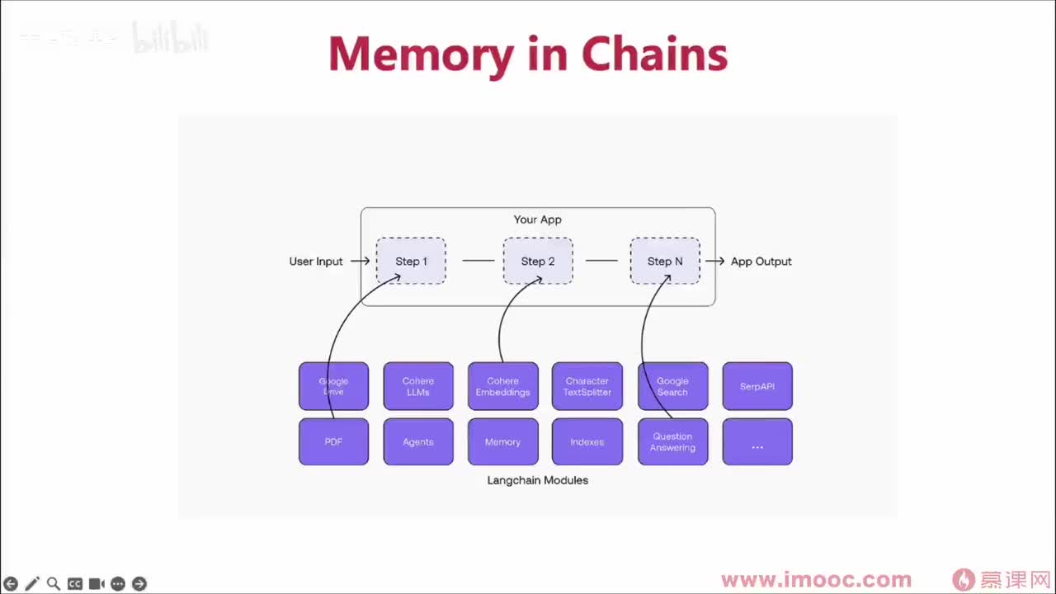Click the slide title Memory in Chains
click(x=528, y=54)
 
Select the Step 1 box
click(x=411, y=262)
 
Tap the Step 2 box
click(x=538, y=262)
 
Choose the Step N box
click(x=665, y=262)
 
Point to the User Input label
click(x=316, y=262)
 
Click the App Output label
click(x=761, y=262)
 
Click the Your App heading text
click(x=538, y=219)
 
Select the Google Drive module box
click(x=333, y=386)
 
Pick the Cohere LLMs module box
click(x=418, y=386)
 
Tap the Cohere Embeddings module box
click(x=502, y=386)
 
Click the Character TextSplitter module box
click(x=587, y=386)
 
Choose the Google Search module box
click(x=672, y=386)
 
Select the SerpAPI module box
click(x=757, y=386)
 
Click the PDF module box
click(x=333, y=442)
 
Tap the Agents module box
click(x=418, y=442)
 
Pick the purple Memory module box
click(x=502, y=442)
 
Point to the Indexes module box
click(x=587, y=442)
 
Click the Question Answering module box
click(x=672, y=442)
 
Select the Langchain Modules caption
click(x=538, y=480)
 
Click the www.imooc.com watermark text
click(x=816, y=580)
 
